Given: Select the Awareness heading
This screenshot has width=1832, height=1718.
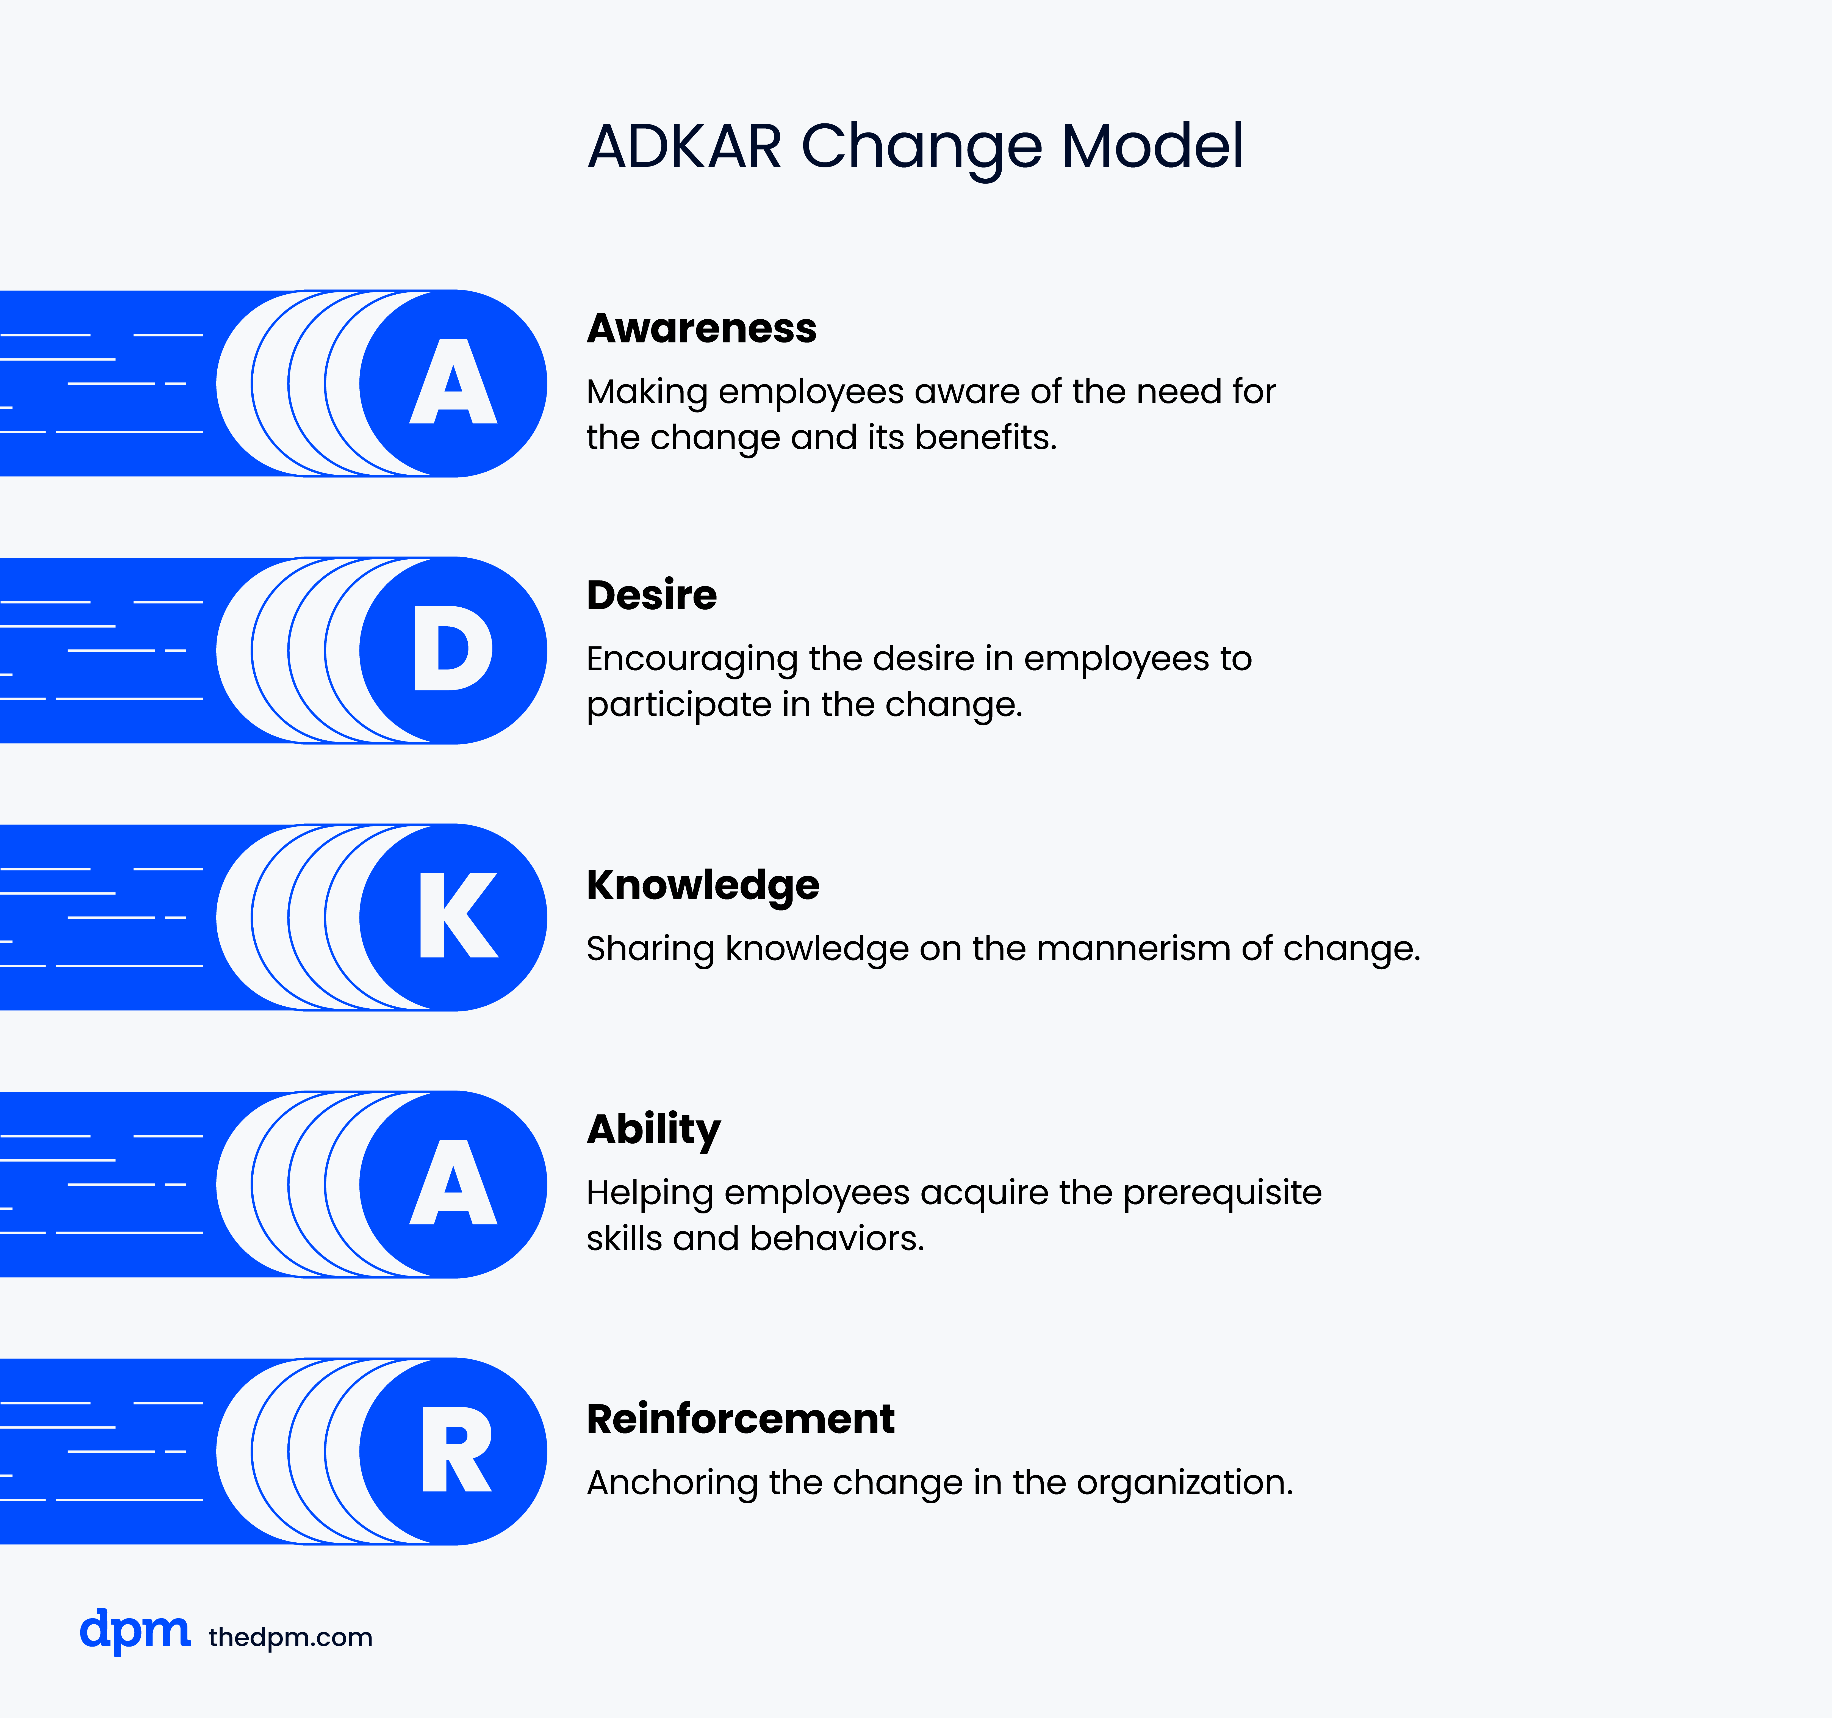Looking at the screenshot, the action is (x=701, y=328).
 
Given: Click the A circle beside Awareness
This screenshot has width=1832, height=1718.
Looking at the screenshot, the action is (x=453, y=383).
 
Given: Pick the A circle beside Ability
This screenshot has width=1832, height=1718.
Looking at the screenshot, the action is (x=453, y=1184).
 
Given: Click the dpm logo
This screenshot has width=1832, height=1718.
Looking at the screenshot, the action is (x=135, y=1631).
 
